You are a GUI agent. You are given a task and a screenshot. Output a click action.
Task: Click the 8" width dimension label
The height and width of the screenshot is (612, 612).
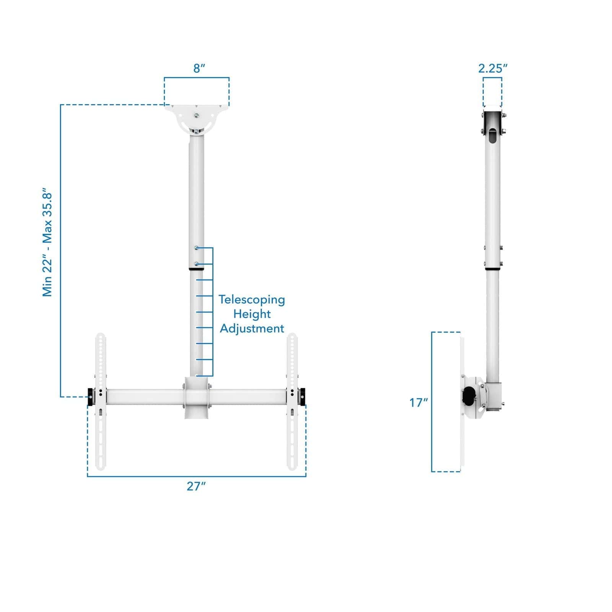199,69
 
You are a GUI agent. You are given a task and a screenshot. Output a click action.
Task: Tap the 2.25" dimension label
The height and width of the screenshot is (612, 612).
493,68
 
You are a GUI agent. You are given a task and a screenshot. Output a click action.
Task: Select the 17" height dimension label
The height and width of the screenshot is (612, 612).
418,402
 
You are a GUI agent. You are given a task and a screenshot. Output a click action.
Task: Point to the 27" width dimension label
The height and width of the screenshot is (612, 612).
196,486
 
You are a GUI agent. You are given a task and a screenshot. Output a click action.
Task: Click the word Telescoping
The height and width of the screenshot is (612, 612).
252,299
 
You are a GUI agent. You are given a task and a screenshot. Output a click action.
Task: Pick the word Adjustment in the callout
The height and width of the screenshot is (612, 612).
252,329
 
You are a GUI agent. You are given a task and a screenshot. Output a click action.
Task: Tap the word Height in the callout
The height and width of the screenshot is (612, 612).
252,314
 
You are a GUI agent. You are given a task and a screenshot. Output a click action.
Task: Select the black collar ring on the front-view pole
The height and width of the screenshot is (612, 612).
197,269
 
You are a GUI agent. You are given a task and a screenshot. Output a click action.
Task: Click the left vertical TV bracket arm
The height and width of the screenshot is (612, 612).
100,402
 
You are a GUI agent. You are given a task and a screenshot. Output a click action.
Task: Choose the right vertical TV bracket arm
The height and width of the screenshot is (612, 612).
292,402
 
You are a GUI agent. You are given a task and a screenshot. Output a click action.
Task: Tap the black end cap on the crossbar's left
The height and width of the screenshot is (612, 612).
90,397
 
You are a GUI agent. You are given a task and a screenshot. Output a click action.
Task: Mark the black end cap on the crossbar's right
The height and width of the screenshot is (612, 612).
303,397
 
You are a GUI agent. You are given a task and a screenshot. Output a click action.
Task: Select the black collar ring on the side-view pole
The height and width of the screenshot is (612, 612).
493,269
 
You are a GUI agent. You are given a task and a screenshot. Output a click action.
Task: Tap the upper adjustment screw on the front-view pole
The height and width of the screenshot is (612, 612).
197,248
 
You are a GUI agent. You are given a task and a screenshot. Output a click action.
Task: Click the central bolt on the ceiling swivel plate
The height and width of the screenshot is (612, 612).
196,116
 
